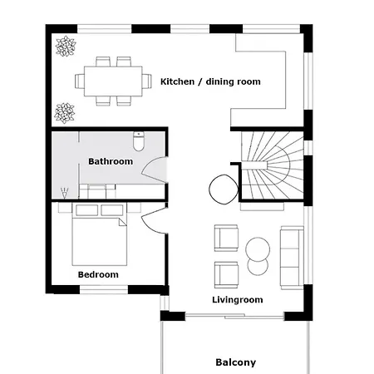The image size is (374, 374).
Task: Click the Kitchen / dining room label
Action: pos(210,81)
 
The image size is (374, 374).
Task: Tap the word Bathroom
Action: pos(111,161)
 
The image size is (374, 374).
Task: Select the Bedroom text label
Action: pos(98,274)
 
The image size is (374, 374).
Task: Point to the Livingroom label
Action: pos(238,299)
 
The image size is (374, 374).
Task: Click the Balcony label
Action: pos(235,362)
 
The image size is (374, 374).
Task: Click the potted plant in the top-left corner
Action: pos(63,47)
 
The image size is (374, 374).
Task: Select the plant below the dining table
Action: pos(63,111)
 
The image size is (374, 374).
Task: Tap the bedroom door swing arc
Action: pos(154,219)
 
